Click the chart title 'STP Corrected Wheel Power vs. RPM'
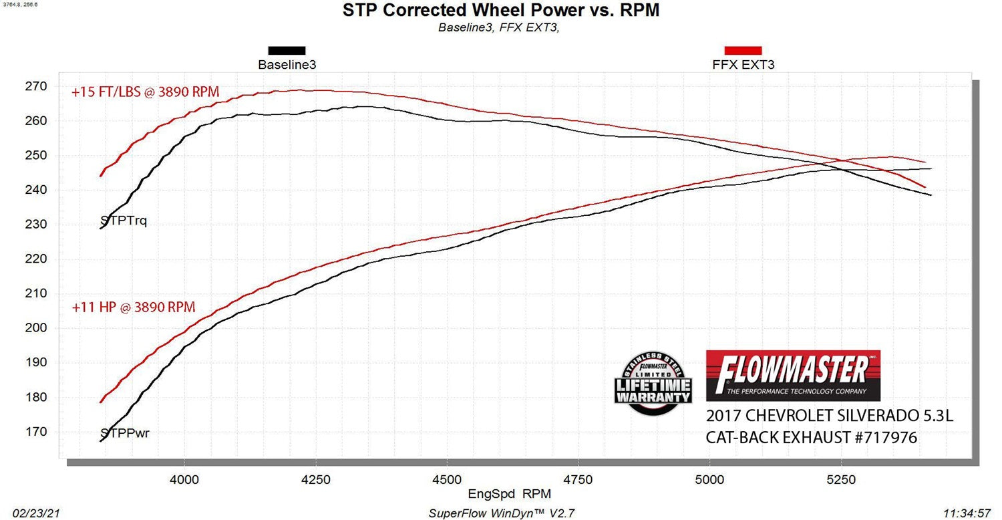tap(500, 11)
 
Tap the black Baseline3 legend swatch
tap(287, 50)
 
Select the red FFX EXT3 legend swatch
tap(743, 50)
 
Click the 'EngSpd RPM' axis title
tap(502, 494)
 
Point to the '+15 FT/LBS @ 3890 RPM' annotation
tap(145, 92)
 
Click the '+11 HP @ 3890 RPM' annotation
tap(134, 307)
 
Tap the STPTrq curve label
tap(123, 221)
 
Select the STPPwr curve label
tap(124, 433)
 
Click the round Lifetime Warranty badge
tap(653, 382)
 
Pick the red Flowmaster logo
tap(793, 375)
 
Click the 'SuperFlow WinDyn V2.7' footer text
tap(501, 513)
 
